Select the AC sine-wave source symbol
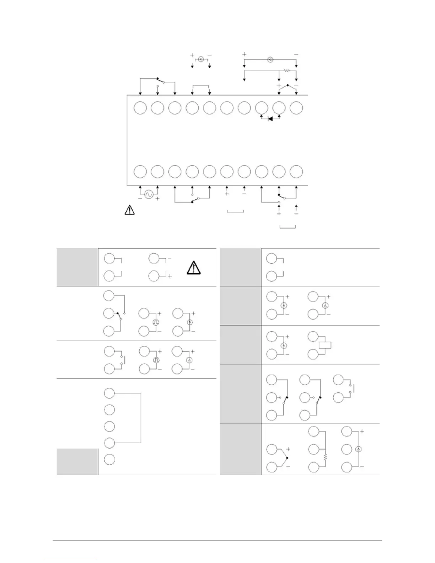[x=149, y=194]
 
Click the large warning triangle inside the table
[x=193, y=267]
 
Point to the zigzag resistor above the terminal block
[x=287, y=70]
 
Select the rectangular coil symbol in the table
[x=325, y=345]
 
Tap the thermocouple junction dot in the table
[x=286, y=458]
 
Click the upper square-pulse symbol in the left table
[x=155, y=322]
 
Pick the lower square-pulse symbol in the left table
[x=155, y=360]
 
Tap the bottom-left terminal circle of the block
[x=140, y=172]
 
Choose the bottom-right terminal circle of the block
[x=296, y=172]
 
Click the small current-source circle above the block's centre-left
[x=201, y=59]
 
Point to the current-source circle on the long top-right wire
[x=270, y=60]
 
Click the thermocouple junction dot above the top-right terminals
[x=288, y=85]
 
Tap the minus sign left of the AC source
[x=140, y=199]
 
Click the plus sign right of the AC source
[x=157, y=199]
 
